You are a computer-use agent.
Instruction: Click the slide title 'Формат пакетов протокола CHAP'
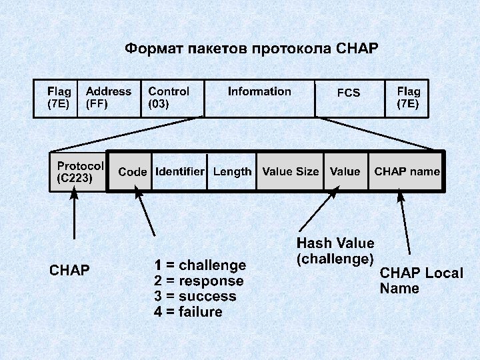[x=252, y=49]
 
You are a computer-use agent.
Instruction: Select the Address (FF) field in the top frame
[x=109, y=98]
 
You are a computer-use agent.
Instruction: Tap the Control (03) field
[x=169, y=98]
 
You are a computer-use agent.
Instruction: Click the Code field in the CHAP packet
[x=132, y=172]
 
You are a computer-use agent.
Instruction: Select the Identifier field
[x=179, y=172]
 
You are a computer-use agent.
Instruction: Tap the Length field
[x=232, y=172]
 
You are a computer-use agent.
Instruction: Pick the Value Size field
[x=290, y=172]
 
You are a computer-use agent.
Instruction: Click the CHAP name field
[x=407, y=172]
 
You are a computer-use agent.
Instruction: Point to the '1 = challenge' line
[x=200, y=266]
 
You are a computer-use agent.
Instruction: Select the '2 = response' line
[x=199, y=281]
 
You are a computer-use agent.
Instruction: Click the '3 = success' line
[x=195, y=297]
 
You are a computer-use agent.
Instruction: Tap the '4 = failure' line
[x=188, y=312]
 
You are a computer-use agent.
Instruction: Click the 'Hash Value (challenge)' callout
[x=335, y=251]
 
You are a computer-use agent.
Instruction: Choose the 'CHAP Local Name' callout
[x=421, y=281]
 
